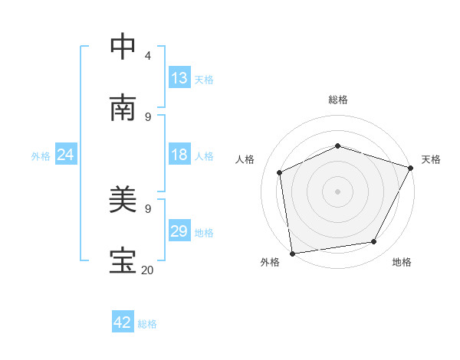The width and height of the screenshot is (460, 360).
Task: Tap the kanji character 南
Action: click(x=124, y=108)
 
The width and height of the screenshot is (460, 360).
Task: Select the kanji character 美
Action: click(x=124, y=201)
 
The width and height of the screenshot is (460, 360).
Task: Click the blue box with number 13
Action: click(x=179, y=78)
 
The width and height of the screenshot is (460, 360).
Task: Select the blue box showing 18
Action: click(x=179, y=155)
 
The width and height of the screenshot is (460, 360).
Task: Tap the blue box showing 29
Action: click(x=179, y=231)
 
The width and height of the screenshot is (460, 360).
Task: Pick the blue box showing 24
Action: click(x=66, y=155)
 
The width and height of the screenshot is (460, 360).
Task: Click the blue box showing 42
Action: click(x=123, y=322)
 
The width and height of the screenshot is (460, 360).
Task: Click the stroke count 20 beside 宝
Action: click(x=147, y=270)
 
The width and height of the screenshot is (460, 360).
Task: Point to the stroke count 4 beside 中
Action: click(x=148, y=55)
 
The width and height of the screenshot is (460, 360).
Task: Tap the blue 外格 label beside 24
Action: click(x=41, y=155)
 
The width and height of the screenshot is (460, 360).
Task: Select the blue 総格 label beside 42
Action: click(x=147, y=323)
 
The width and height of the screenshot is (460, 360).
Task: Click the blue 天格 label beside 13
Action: click(x=204, y=79)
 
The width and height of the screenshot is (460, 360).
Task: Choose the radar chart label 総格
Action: click(x=337, y=100)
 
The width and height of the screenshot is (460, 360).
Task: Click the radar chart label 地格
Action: click(x=402, y=262)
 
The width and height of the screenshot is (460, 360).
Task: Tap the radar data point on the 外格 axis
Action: click(x=291, y=253)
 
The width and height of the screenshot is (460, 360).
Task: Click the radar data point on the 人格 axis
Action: click(x=280, y=172)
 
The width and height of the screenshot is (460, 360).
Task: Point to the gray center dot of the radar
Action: click(x=337, y=191)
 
